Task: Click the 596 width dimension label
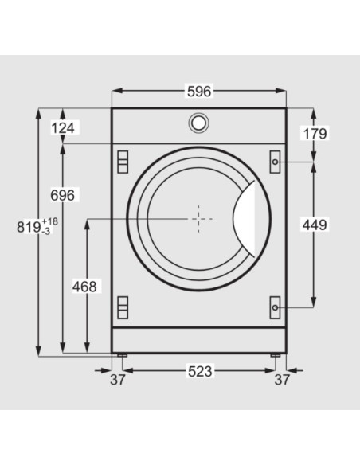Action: [x=198, y=92]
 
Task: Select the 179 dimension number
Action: [x=315, y=133]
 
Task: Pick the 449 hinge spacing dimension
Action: [x=315, y=225]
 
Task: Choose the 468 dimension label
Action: [x=84, y=286]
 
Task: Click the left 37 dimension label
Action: [x=117, y=380]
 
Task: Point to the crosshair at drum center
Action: [x=198, y=216]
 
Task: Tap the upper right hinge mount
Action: [x=275, y=161]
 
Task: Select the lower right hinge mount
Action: [x=275, y=306]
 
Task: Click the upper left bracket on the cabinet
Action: [x=122, y=161]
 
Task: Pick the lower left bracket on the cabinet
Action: [x=122, y=306]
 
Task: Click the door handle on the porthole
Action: [x=250, y=217]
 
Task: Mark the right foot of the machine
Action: [x=276, y=354]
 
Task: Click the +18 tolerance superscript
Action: [x=50, y=221]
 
